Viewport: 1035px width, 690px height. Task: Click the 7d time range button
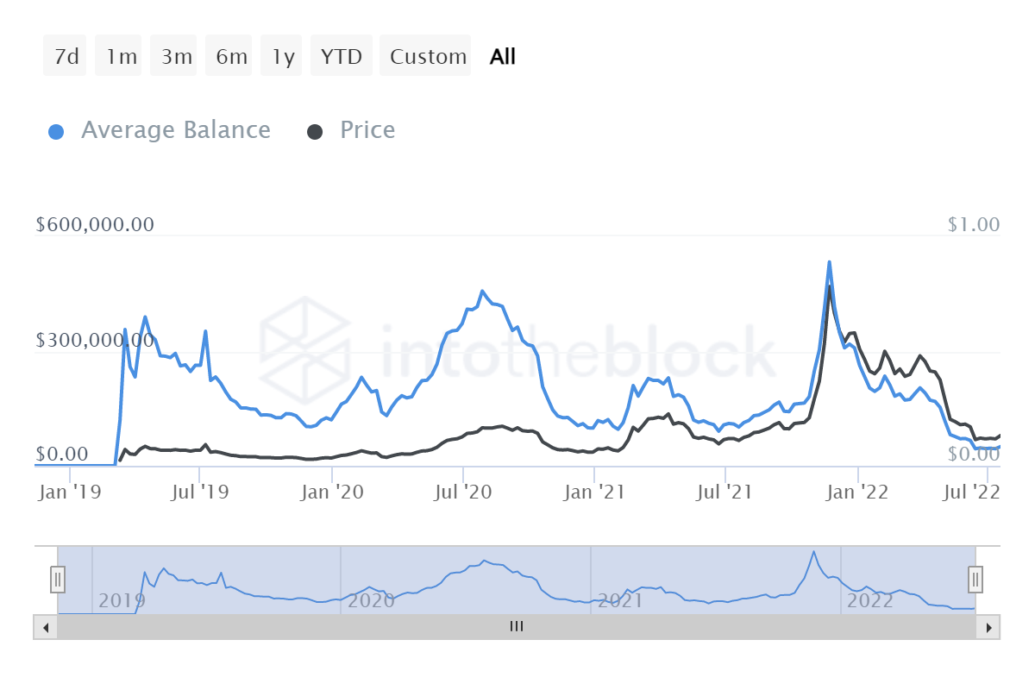[66, 57]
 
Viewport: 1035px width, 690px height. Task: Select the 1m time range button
[121, 57]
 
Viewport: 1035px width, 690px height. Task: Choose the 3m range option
[176, 57]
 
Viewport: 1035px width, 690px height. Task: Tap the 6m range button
[231, 57]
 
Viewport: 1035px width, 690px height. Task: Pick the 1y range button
[283, 57]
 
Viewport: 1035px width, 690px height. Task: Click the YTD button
[342, 57]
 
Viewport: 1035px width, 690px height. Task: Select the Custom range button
[427, 57]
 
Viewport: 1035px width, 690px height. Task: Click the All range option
[503, 57]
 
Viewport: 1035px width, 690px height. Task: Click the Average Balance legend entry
[160, 130]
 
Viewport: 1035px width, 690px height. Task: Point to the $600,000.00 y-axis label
[95, 224]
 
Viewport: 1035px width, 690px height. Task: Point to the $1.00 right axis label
[973, 224]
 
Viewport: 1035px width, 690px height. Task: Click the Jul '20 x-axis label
[465, 492]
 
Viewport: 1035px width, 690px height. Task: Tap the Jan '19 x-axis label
[70, 492]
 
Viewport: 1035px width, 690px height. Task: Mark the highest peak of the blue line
[829, 262]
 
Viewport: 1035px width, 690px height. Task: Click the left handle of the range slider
[58, 579]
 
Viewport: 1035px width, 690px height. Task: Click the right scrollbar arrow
[989, 627]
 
